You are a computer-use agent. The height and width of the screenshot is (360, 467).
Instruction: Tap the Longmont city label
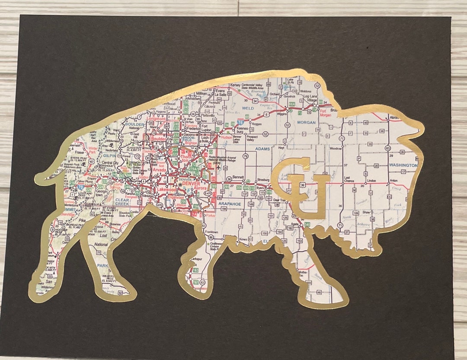(x=156, y=118)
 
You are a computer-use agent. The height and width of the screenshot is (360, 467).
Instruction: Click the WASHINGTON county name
(x=403, y=165)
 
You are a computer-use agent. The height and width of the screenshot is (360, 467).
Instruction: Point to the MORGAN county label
(x=307, y=122)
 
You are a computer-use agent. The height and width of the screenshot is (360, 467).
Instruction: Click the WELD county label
(x=248, y=108)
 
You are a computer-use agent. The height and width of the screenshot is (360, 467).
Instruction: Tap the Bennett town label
(x=238, y=177)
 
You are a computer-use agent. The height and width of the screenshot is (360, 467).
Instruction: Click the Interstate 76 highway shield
(x=240, y=123)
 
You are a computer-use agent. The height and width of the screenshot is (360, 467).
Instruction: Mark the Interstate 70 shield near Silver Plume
(x=81, y=188)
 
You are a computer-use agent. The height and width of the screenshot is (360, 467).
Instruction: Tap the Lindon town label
(x=371, y=180)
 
